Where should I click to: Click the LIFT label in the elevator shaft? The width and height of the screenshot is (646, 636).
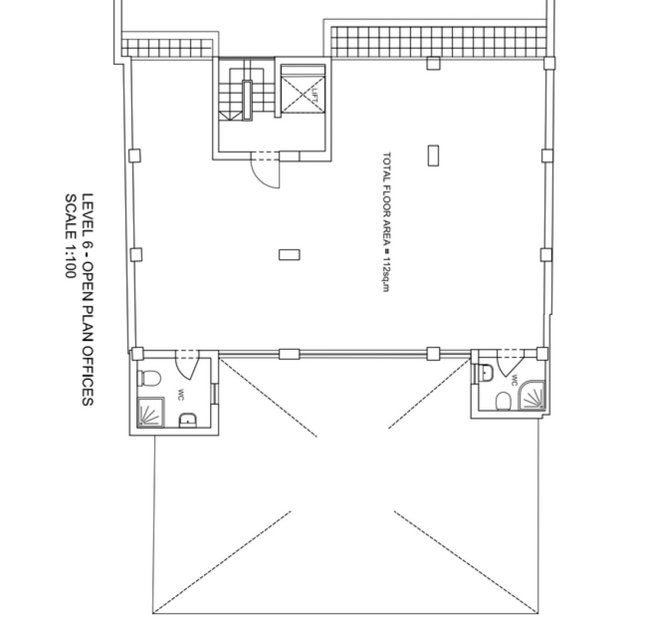click(x=315, y=94)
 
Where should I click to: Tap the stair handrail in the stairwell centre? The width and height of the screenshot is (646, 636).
click(x=247, y=100)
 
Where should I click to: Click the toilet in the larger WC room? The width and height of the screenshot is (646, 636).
click(x=149, y=378)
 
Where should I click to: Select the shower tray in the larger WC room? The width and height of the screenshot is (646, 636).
click(x=151, y=412)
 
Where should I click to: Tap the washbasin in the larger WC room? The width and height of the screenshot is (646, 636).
click(x=188, y=420)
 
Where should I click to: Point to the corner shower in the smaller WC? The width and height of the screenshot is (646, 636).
click(x=531, y=395)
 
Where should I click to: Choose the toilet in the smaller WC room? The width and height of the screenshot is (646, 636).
click(x=503, y=401)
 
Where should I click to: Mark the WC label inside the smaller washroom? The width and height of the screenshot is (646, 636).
click(x=514, y=380)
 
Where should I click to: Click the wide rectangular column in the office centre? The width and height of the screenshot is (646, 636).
click(x=289, y=254)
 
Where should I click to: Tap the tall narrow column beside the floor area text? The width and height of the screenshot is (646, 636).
click(x=433, y=155)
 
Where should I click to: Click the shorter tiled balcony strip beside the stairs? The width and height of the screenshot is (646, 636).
click(x=167, y=48)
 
